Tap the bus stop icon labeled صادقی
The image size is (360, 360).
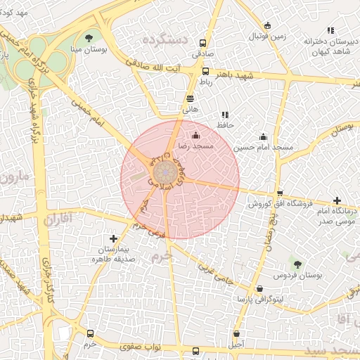coord(203,42)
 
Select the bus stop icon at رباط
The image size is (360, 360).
coord(205,71)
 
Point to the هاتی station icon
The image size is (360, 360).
coord(190,98)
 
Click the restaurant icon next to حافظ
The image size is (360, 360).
coord(225,115)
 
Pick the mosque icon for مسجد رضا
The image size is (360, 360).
coord(195,135)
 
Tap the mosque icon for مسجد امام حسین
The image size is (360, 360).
coord(263,136)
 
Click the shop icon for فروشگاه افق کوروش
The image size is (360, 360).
coord(280,193)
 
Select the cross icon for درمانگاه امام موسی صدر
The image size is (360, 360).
coord(337,201)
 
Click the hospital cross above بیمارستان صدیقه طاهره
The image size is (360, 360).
coord(114,239)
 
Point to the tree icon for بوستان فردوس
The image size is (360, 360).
coord(298,264)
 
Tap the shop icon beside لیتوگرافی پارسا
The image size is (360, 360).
coord(260,288)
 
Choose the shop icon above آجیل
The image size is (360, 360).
coord(236,333)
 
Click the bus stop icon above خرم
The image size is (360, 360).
coord(90,333)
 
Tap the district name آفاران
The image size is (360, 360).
coord(58,220)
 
